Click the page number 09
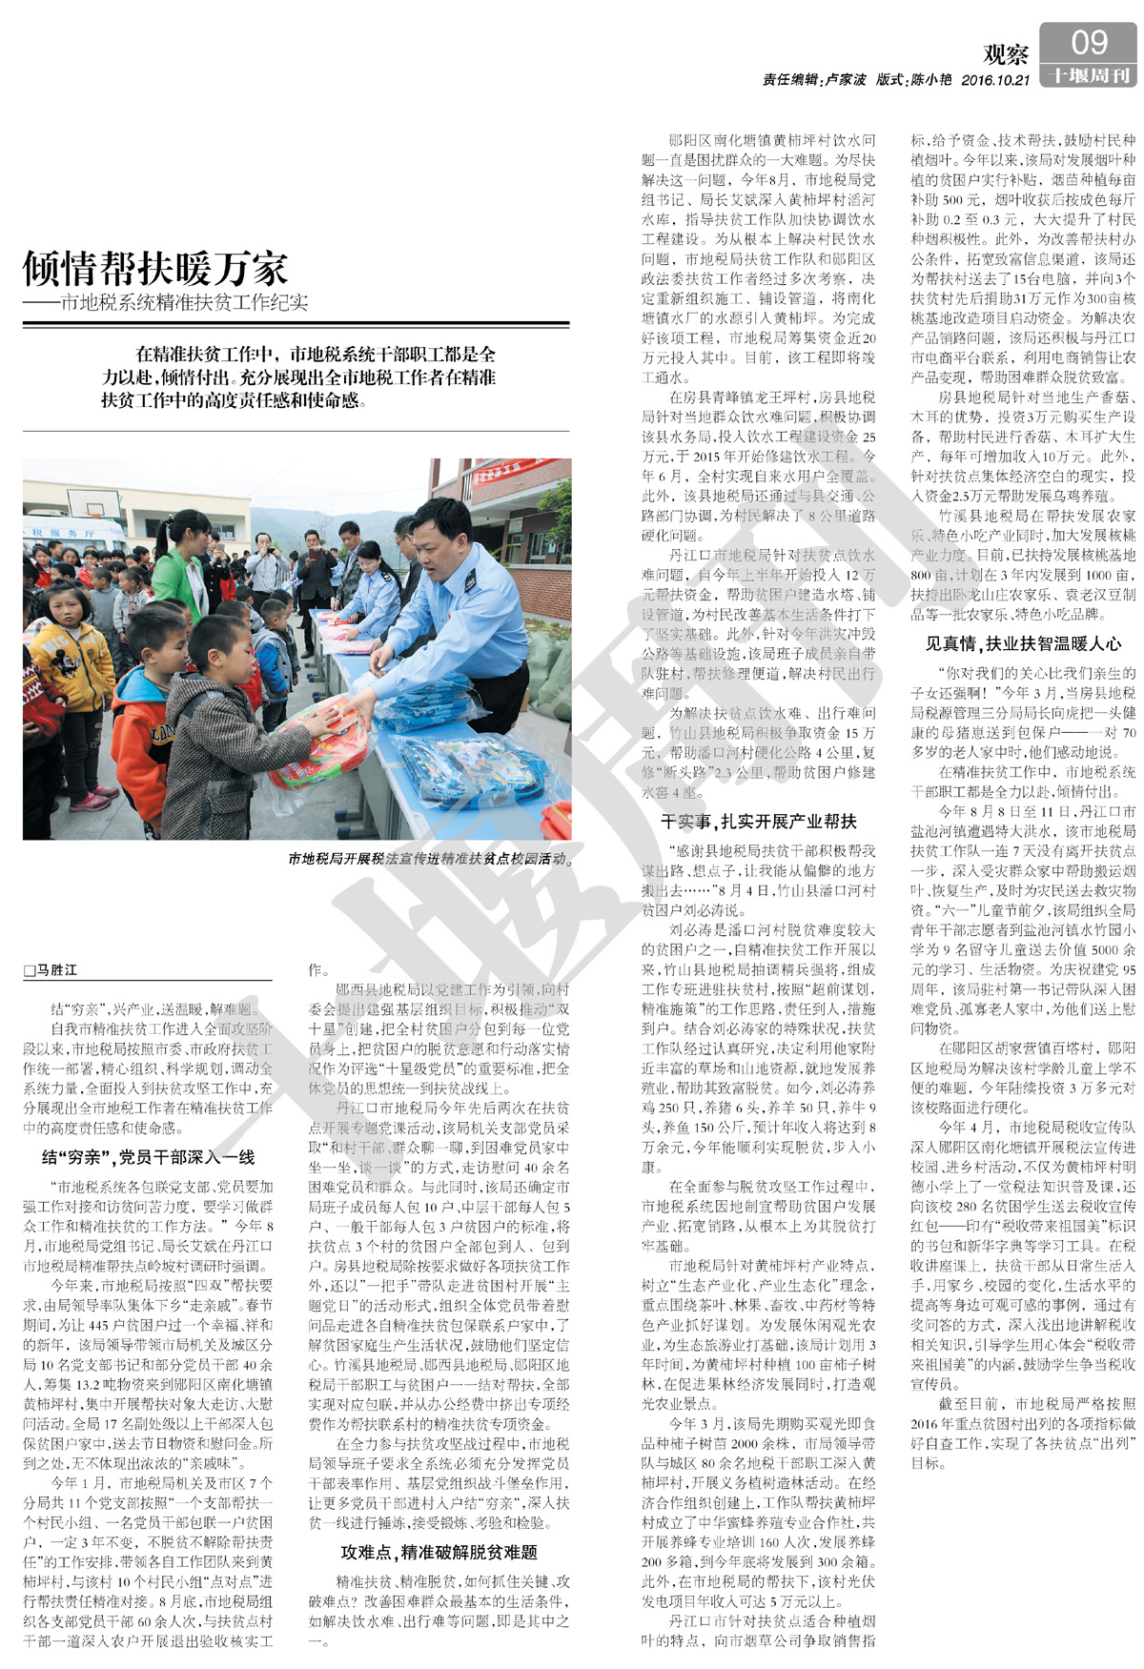[x=1089, y=43]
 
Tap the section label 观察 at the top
[x=1006, y=54]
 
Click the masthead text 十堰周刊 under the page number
[x=1089, y=76]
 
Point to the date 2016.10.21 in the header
[x=995, y=81]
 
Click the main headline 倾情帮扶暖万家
[x=154, y=269]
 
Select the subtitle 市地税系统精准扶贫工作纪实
[x=184, y=303]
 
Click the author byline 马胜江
[x=55, y=970]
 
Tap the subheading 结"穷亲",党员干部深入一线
[x=148, y=1157]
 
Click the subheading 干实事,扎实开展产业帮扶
[x=758, y=822]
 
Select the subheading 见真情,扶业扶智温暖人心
[x=1023, y=643]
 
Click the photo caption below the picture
[x=430, y=859]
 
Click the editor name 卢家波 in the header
[x=845, y=81]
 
